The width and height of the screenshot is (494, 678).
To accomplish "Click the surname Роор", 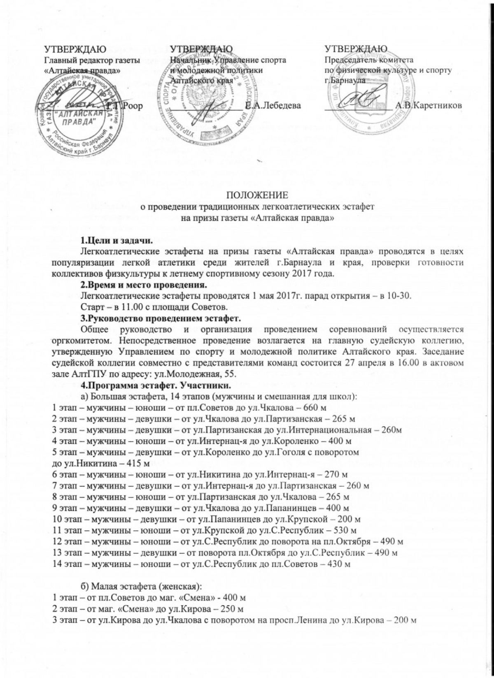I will pyautogui.click(x=133, y=106).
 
